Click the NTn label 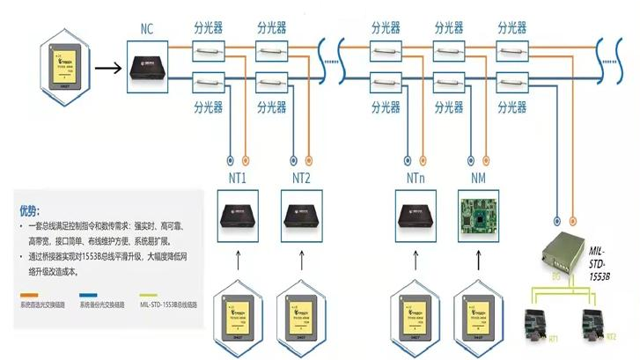pyautogui.click(x=417, y=180)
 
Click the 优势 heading pyautogui.click(x=29, y=211)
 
